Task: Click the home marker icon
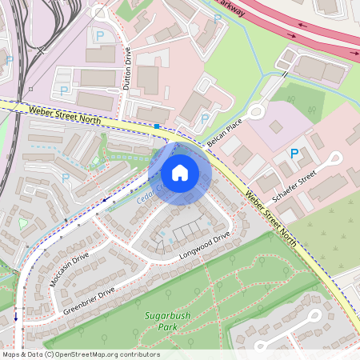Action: click(180, 172)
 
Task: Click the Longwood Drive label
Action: click(204, 243)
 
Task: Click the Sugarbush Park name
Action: click(166, 321)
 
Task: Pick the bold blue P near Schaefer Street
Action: click(294, 153)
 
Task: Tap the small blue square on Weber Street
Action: click(158, 126)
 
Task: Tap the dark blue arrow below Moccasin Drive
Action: click(15, 317)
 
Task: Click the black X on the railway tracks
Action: click(29, 89)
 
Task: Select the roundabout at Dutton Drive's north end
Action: click(99, 12)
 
